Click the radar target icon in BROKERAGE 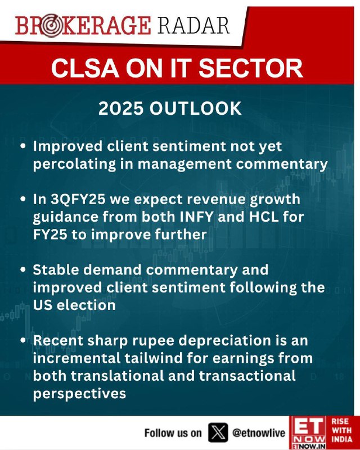51,25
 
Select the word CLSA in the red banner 85,68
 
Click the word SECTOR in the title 251,68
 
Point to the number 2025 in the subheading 120,108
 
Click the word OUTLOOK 195,108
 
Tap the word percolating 75,164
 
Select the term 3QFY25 78,200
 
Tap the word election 86,305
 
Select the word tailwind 155,358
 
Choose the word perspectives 79,394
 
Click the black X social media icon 218,433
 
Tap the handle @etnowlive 259,433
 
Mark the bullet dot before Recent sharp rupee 24,340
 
